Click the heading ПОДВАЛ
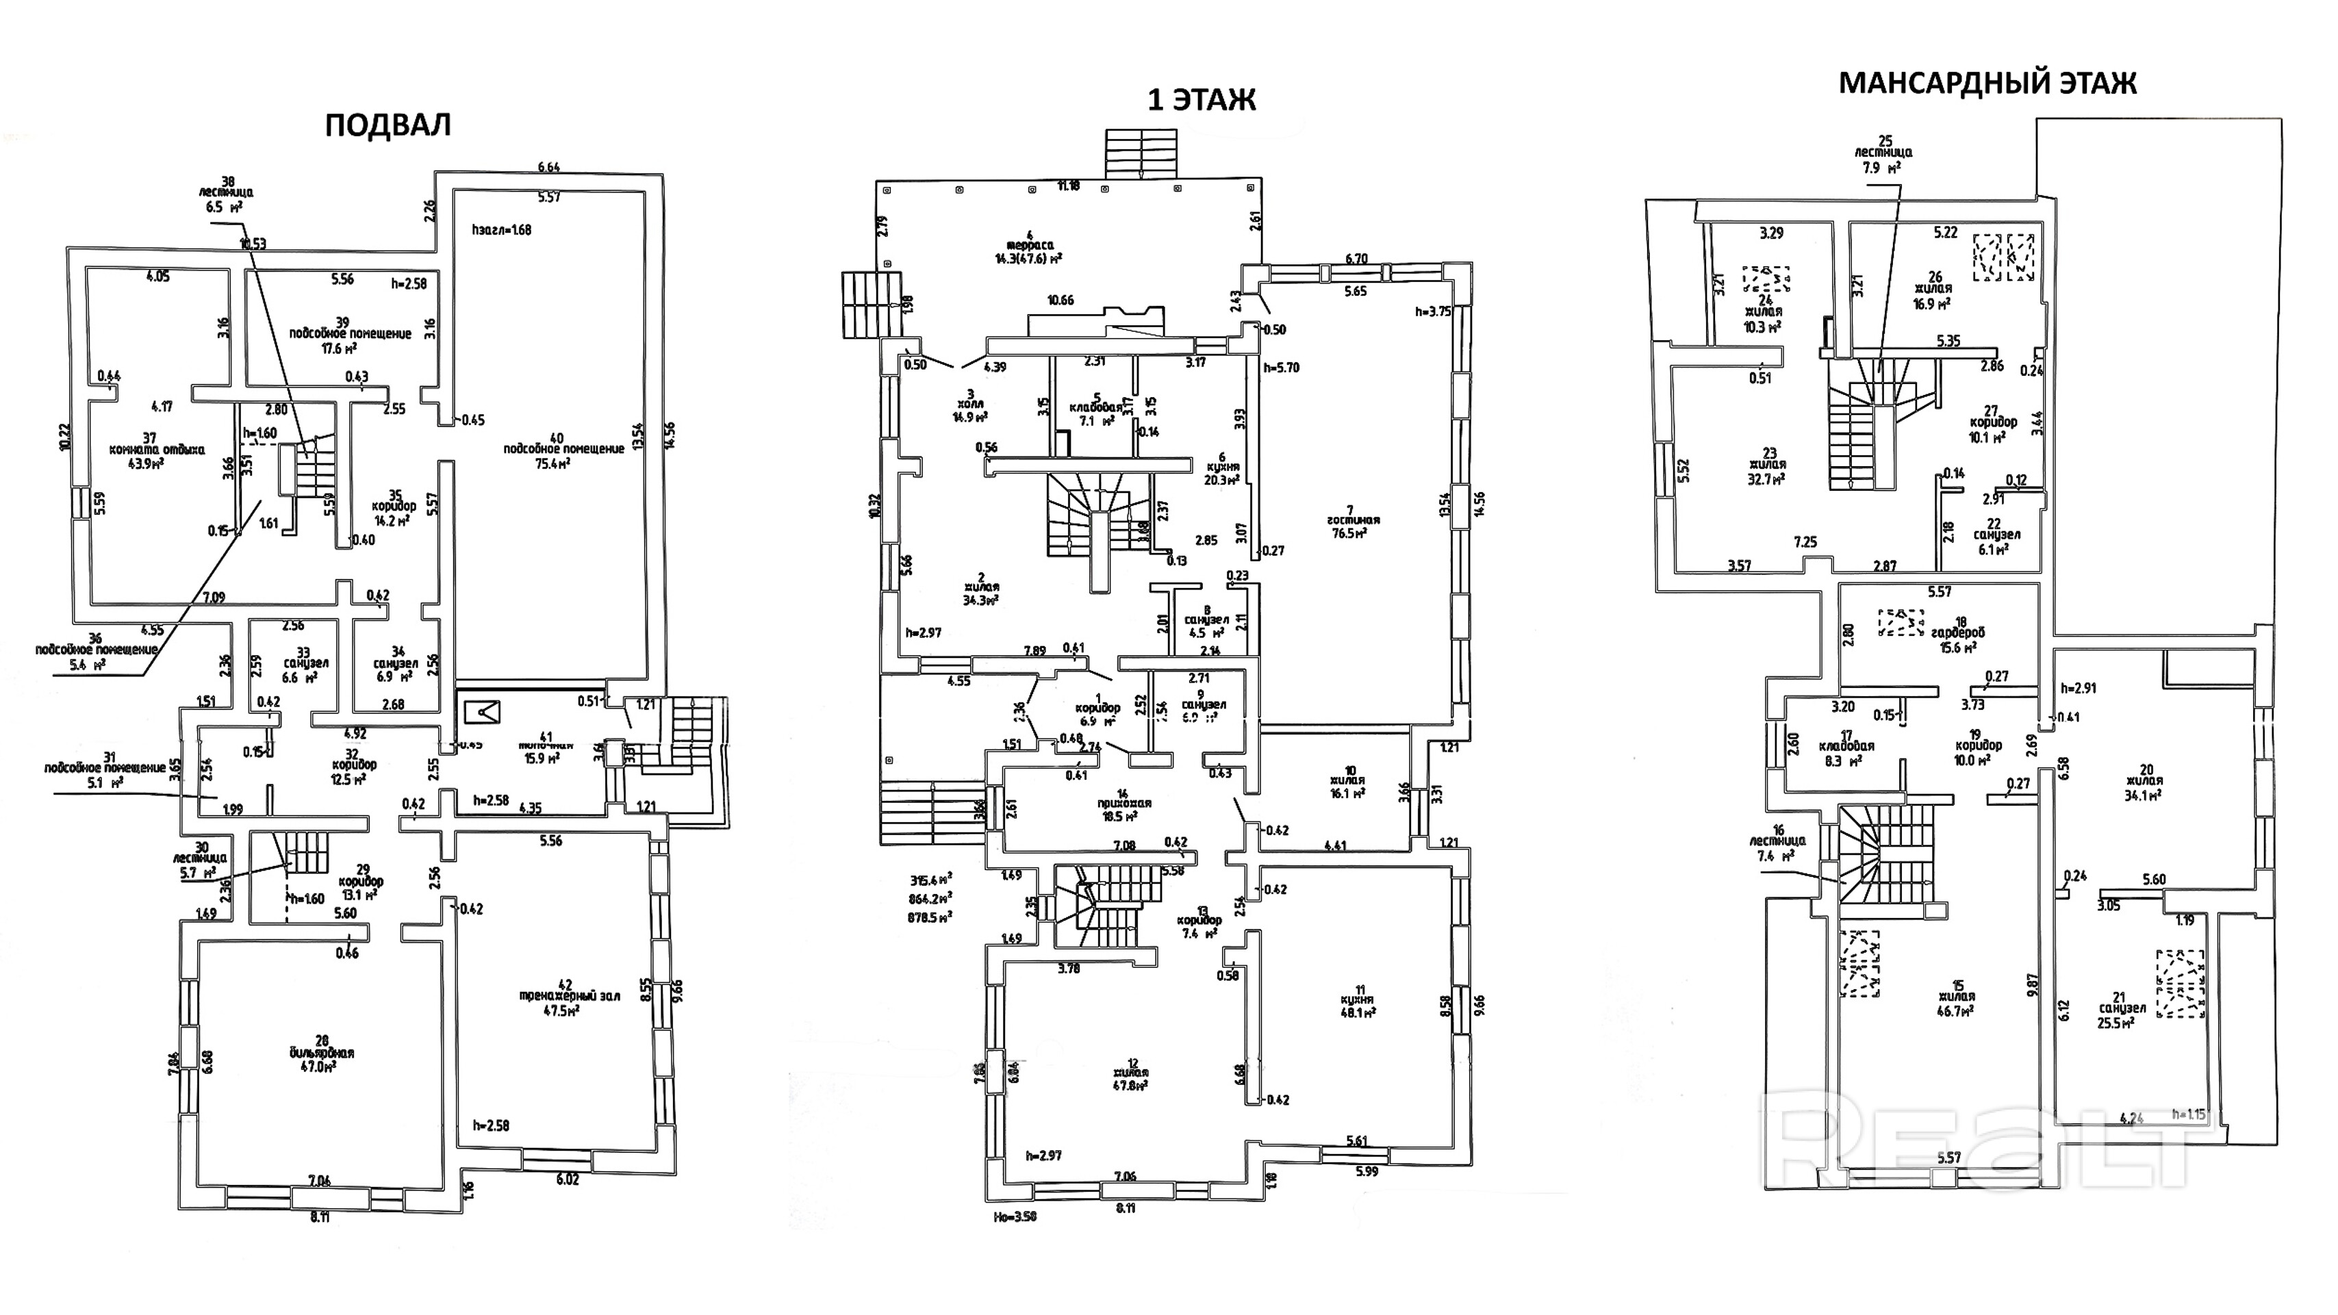tap(387, 125)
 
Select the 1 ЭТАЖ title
tap(1201, 100)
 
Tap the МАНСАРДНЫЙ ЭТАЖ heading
tap(1987, 84)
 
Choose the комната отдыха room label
tap(156, 449)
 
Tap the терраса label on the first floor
tap(1028, 245)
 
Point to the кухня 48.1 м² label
tap(1359, 1001)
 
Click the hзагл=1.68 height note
tap(502, 229)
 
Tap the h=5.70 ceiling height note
tap(1282, 368)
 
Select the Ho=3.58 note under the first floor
tap(1015, 1216)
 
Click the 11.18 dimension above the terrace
tap(1069, 186)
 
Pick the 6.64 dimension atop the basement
tap(548, 167)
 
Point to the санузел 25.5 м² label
tap(2122, 1014)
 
